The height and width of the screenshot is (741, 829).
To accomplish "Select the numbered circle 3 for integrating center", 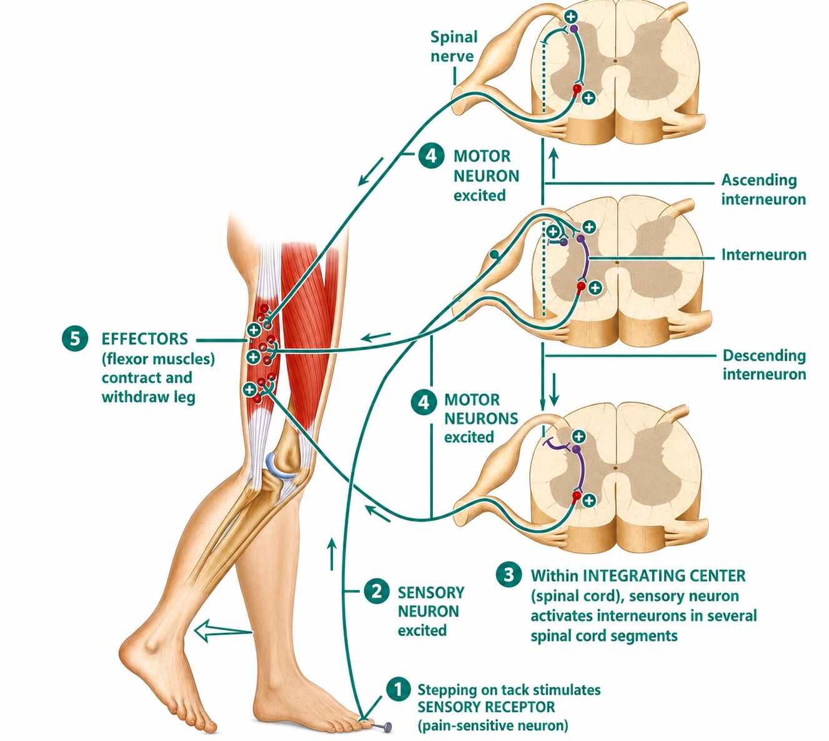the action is tap(509, 575).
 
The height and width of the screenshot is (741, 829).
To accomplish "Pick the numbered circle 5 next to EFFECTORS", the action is tap(75, 339).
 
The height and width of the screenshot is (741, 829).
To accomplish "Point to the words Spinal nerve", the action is tap(454, 46).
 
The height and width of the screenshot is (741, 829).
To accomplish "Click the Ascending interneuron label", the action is tap(763, 189).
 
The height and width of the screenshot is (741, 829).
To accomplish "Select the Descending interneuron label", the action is tap(765, 365).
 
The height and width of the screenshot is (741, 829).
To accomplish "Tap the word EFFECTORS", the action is tap(145, 339).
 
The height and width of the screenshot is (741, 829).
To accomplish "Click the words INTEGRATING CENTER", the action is tap(664, 575).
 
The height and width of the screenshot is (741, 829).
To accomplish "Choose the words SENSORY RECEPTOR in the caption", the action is tap(486, 707).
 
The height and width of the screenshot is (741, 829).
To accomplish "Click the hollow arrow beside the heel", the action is tap(223, 630).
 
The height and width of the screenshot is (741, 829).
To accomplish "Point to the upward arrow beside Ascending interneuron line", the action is tap(553, 163).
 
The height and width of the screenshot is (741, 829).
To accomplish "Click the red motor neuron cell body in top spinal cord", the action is tap(577, 88).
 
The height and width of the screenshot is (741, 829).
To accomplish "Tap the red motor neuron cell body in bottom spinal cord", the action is tap(577, 497).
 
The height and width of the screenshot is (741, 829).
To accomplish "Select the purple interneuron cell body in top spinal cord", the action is tap(574, 29).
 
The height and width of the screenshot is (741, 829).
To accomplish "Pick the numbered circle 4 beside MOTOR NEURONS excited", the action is tap(424, 402).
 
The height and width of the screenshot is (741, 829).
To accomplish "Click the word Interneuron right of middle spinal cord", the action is tap(764, 255).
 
